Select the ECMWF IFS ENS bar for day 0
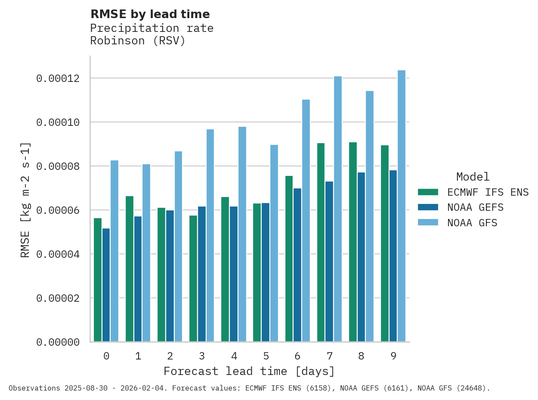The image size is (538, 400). tap(98, 280)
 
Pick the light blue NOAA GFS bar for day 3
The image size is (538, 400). tap(210, 235)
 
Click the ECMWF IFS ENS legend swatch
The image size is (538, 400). tap(428, 192)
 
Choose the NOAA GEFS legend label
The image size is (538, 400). tap(475, 207)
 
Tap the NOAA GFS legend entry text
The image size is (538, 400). tap(472, 223)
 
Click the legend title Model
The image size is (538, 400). tap(473, 177)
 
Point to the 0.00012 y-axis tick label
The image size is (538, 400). tap(58, 78)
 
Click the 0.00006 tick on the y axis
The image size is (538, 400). tap(58, 210)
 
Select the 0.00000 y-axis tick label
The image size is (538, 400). tap(58, 342)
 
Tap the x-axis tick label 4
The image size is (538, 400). tap(234, 356)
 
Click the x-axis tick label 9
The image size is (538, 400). tap(393, 356)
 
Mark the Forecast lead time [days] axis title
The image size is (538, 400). tap(249, 371)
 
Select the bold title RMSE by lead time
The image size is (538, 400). tap(150, 14)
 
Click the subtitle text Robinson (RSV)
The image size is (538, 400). tap(138, 41)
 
